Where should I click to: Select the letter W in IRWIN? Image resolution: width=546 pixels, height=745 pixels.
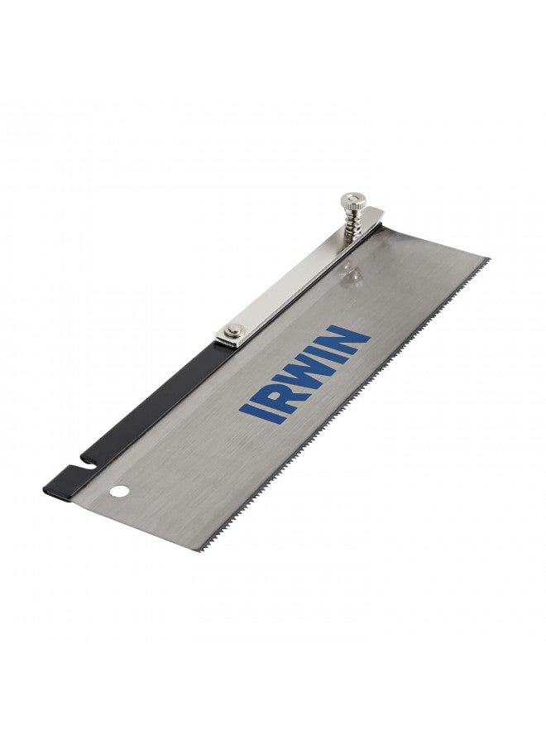point(303,365)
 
